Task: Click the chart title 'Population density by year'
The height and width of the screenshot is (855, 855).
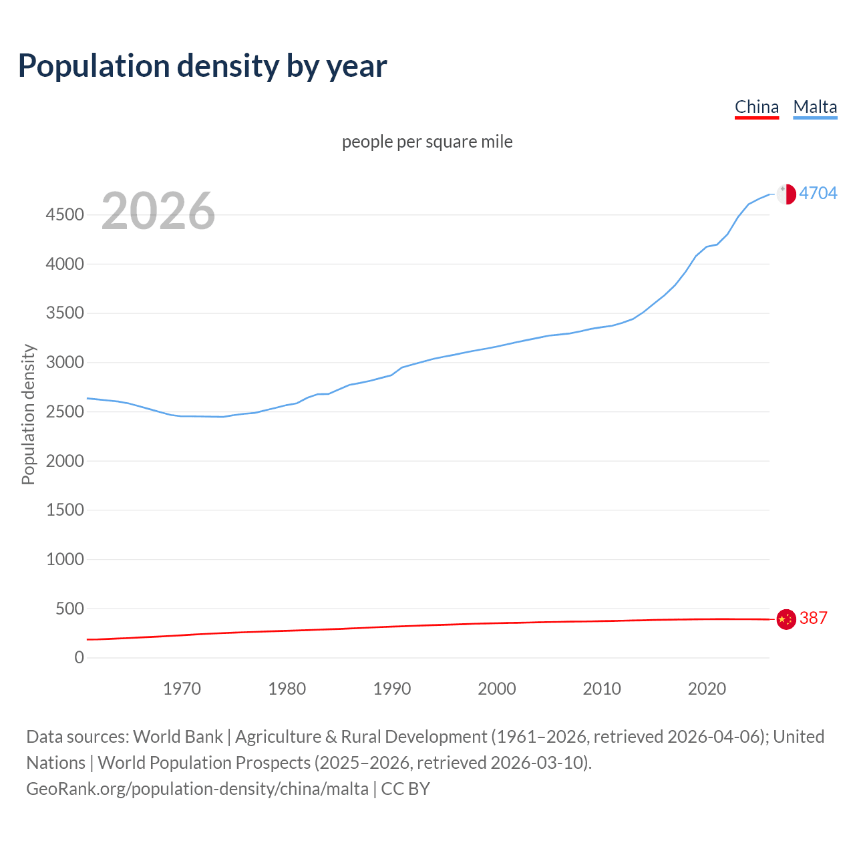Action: pos(202,65)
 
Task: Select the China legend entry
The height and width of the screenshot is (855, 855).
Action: pos(756,107)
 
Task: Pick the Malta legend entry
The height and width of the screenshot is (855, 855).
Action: pos(815,107)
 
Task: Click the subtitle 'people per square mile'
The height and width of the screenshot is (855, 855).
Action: pos(427,142)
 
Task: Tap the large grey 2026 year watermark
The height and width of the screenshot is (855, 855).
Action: pos(158,211)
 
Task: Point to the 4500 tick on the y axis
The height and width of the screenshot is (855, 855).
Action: pos(65,214)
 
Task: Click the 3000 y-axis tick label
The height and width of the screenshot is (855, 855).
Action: pos(65,362)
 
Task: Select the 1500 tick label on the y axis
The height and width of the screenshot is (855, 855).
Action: pos(65,510)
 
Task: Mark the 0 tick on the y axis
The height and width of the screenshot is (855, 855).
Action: pos(79,657)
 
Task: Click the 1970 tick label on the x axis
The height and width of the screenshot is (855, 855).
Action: pos(182,688)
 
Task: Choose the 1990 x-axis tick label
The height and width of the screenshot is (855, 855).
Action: pos(392,688)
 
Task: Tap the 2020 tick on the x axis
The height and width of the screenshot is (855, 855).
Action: pos(707,688)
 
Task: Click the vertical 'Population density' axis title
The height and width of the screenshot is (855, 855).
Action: pos(28,414)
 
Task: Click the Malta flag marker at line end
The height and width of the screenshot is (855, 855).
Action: pos(786,194)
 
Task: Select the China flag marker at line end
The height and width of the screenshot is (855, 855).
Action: pos(786,619)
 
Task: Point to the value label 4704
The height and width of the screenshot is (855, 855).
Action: pos(818,193)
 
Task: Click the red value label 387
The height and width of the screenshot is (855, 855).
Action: pos(813,618)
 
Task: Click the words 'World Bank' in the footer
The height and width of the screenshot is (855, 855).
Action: pos(178,736)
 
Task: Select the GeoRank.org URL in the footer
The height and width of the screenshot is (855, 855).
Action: pos(197,788)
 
